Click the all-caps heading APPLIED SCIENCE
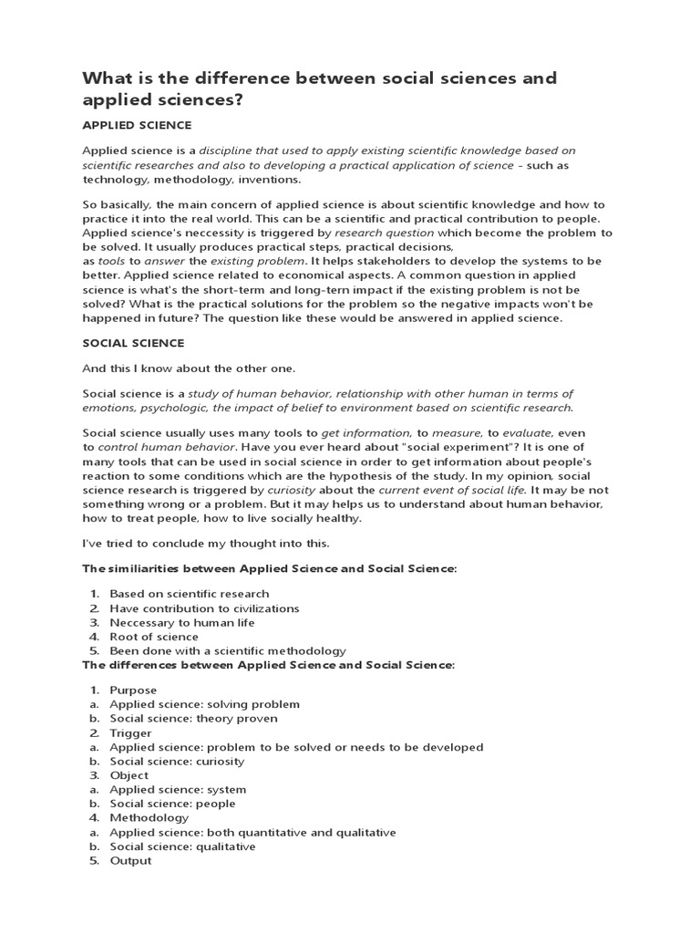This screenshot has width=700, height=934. [x=137, y=124]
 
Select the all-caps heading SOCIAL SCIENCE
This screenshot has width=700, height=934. [x=133, y=343]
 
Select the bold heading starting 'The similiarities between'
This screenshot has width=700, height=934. [x=269, y=568]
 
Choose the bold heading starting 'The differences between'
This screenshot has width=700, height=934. [x=268, y=665]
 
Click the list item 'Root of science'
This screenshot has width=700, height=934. [x=154, y=637]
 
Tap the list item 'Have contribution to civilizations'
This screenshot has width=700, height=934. [x=204, y=608]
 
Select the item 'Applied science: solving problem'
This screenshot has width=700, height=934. [x=204, y=704]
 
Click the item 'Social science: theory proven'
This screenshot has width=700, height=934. [x=194, y=719]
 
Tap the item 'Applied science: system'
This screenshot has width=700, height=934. [x=178, y=790]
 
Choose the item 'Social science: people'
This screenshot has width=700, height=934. [x=172, y=804]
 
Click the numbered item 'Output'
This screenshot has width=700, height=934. [x=130, y=861]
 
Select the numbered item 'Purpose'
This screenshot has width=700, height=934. [x=133, y=690]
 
